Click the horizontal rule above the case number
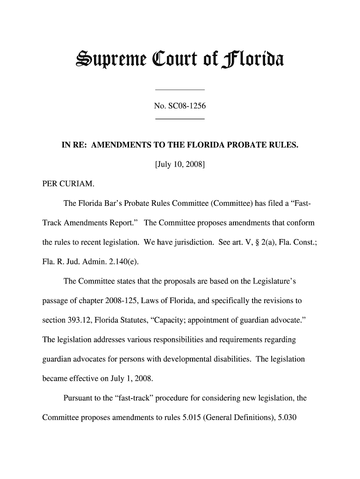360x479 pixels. (180, 89)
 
